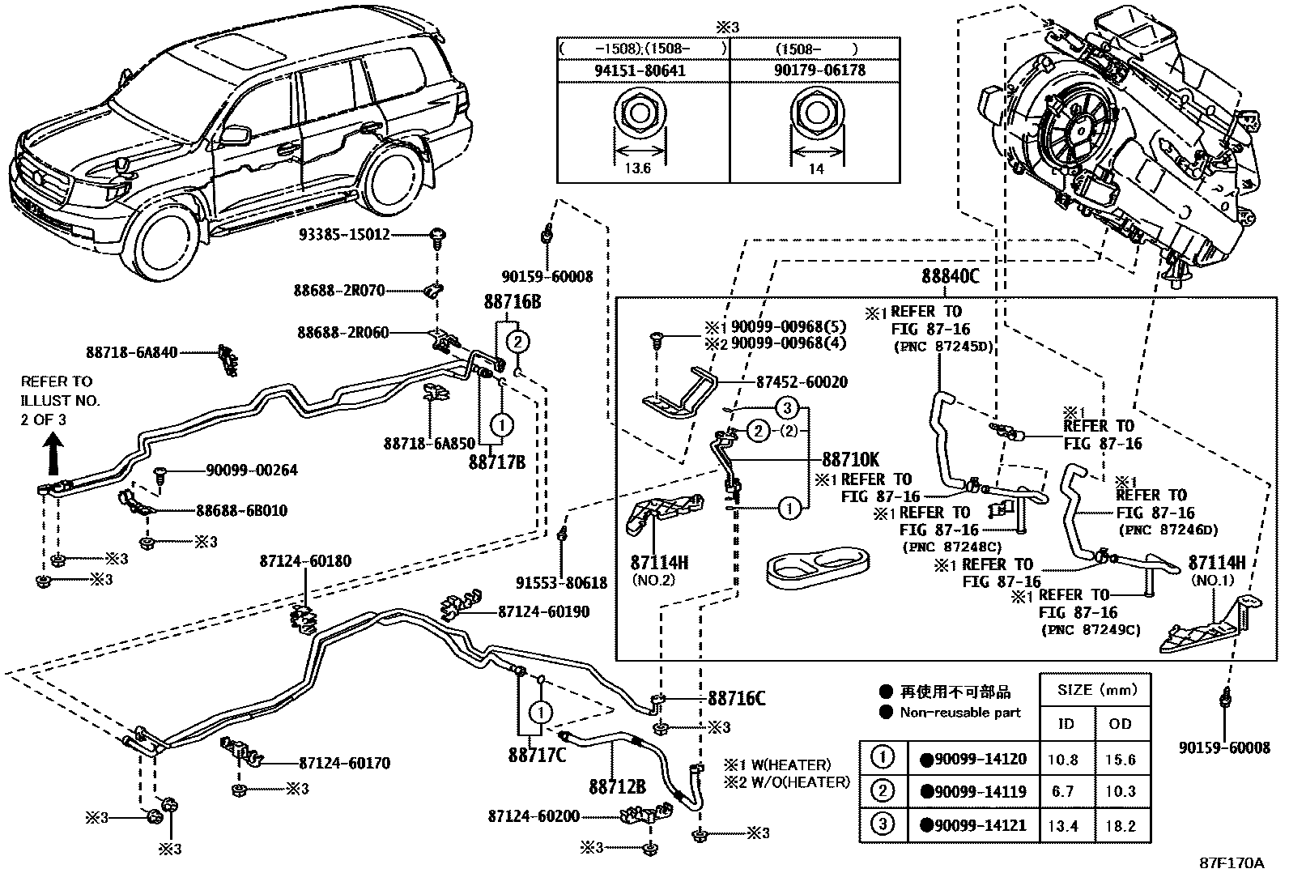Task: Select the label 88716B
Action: [512, 301]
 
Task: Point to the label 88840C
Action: [950, 276]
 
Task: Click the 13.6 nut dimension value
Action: [638, 168]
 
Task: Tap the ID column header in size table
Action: [1066, 723]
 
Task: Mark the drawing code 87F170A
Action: [1231, 863]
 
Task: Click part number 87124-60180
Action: [305, 560]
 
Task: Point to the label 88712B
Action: [617, 787]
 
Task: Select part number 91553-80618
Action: [561, 583]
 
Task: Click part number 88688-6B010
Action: [241, 511]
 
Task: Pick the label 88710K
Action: [851, 458]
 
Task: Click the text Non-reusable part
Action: [960, 713]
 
